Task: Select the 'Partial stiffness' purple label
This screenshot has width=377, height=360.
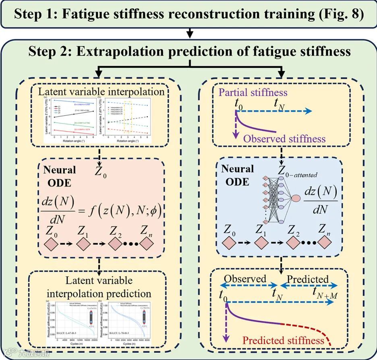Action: point(253,92)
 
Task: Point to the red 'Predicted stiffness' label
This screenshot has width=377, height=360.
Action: point(286,341)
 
